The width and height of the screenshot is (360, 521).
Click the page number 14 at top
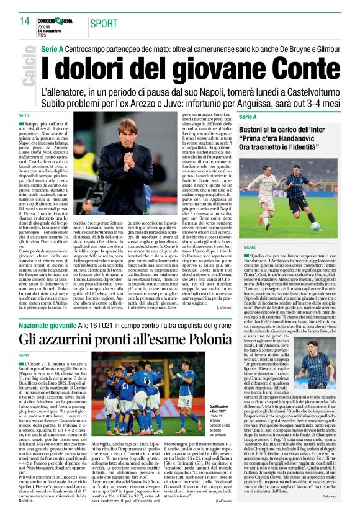[24, 21]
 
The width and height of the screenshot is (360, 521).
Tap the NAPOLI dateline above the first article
[25, 115]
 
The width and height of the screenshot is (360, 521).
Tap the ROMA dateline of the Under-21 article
[24, 355]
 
